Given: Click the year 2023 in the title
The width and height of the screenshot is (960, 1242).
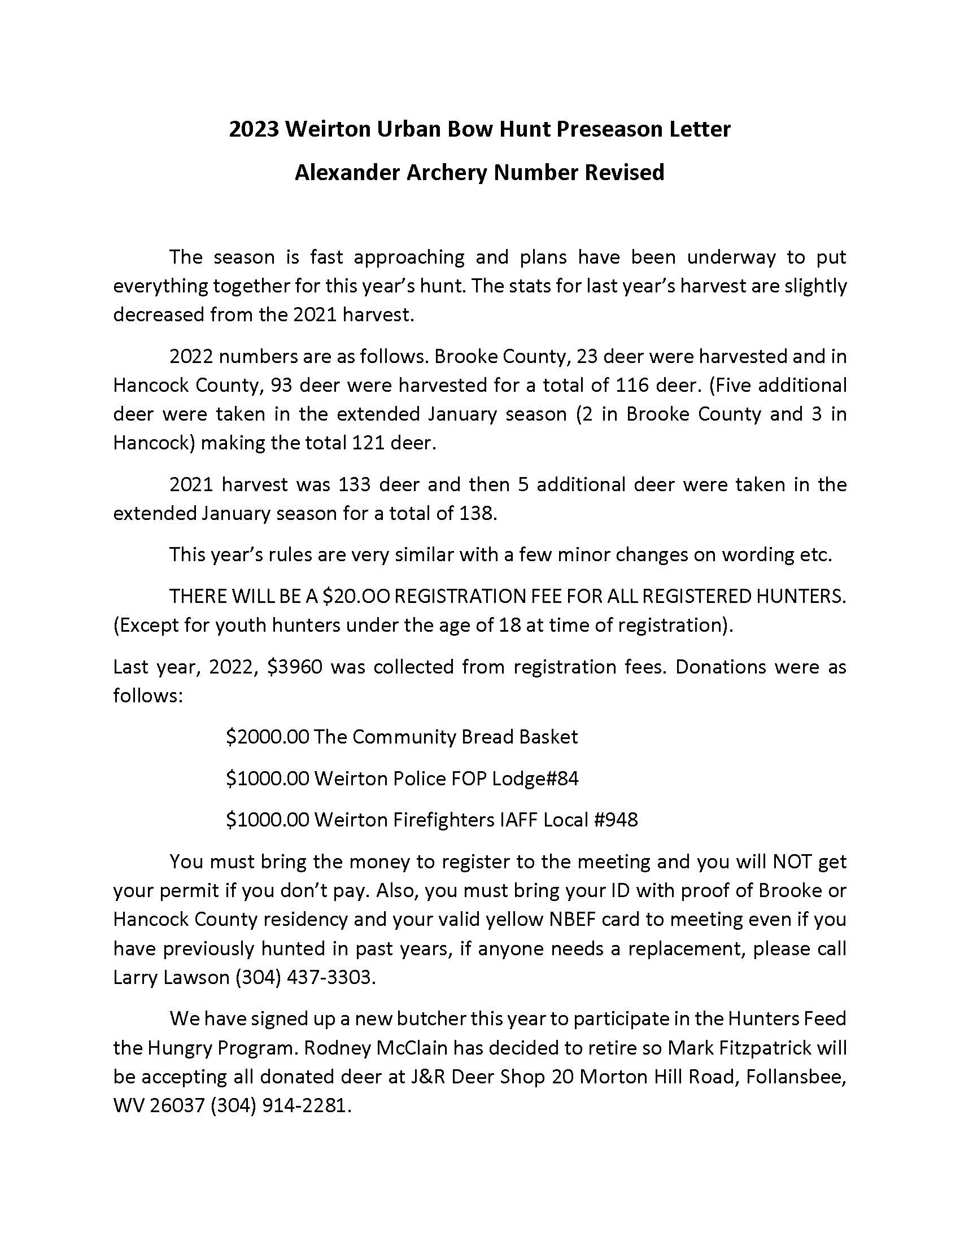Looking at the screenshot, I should pos(254,130).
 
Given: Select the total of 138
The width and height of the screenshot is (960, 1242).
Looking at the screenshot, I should pos(476,514).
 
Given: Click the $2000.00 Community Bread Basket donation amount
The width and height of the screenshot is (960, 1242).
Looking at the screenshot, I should pos(267,737).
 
